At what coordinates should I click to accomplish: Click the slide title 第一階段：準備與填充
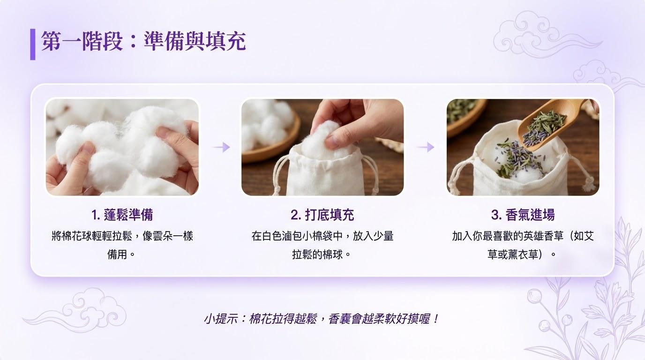[x=143, y=41]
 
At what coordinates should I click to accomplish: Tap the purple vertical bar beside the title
[x=33, y=45]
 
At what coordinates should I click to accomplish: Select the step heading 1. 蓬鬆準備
[x=122, y=215]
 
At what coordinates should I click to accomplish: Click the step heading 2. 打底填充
[x=322, y=215]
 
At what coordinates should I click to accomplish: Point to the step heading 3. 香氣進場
[x=523, y=215]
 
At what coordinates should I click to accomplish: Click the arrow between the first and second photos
[x=221, y=147]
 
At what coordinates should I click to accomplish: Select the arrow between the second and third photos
[x=426, y=147]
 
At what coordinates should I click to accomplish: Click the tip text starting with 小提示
[x=322, y=319]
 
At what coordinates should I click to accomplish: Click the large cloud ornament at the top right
[x=541, y=35]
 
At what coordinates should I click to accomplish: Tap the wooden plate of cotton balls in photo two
[x=269, y=135]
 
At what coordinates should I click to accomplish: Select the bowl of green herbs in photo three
[x=464, y=115]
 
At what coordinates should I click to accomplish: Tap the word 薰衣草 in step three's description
[x=523, y=255]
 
